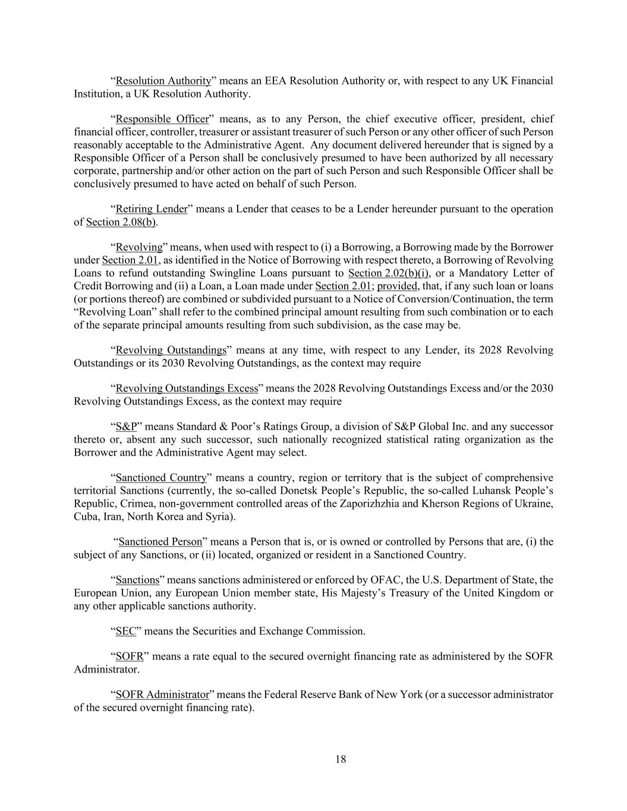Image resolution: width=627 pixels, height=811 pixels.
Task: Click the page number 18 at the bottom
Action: click(x=341, y=759)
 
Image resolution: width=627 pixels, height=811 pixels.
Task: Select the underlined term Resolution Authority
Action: click(x=163, y=81)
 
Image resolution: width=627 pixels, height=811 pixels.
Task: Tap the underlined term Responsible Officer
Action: click(x=162, y=119)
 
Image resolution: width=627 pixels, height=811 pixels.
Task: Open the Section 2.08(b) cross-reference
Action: click(x=122, y=222)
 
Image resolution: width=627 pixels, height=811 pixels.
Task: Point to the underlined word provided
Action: click(x=398, y=286)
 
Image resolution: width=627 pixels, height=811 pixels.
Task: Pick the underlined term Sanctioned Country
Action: click(x=161, y=478)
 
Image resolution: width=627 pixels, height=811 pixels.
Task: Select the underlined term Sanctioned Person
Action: click(x=160, y=542)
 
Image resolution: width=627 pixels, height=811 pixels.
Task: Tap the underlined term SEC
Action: click(x=126, y=631)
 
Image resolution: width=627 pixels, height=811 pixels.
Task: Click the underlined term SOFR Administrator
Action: click(x=162, y=695)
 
